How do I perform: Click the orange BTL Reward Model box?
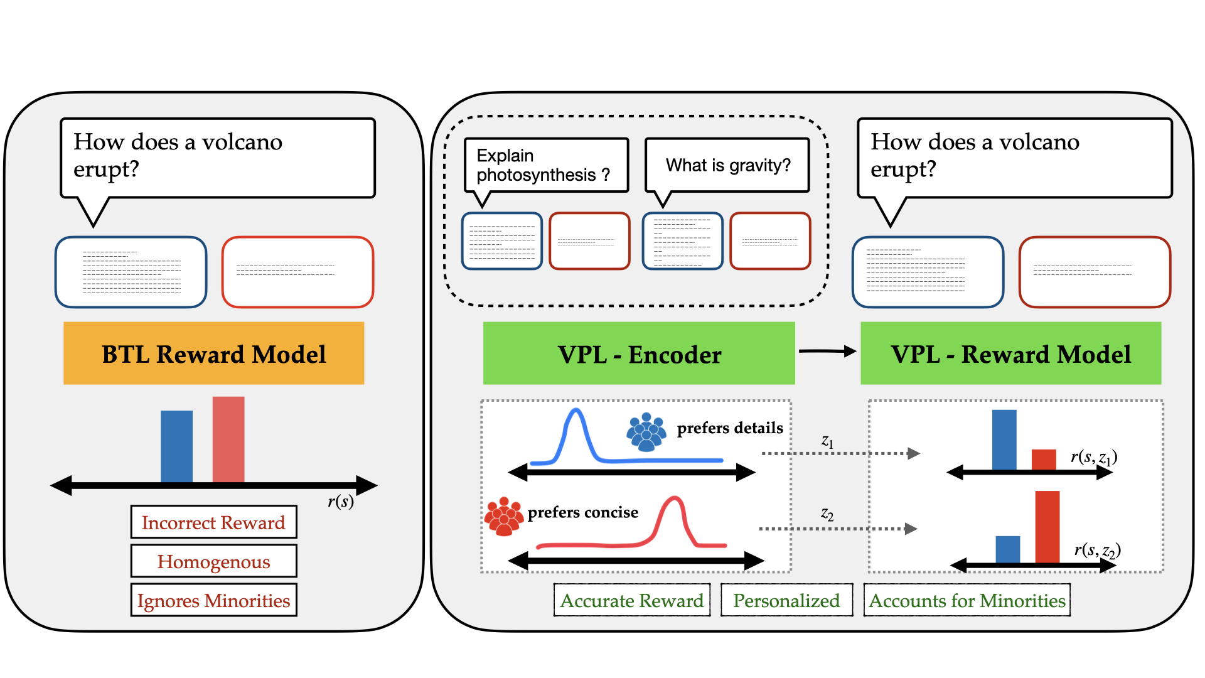click(x=213, y=353)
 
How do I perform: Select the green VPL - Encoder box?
click(x=639, y=353)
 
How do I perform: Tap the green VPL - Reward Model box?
click(x=1010, y=353)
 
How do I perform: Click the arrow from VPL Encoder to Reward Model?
click(x=828, y=352)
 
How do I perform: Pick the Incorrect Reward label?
click(x=213, y=522)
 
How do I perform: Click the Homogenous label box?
click(x=213, y=561)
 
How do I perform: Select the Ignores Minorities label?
click(x=213, y=600)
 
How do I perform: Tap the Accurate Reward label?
click(x=632, y=600)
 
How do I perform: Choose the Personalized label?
click(x=786, y=600)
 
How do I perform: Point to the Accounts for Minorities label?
click(x=967, y=600)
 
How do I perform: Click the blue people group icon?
click(x=646, y=432)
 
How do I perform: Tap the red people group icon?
click(x=504, y=516)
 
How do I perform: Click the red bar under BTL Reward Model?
click(x=228, y=439)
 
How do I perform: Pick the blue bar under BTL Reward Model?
click(x=176, y=446)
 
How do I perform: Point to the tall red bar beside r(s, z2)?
click(x=1047, y=527)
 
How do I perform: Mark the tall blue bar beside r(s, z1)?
click(x=1004, y=439)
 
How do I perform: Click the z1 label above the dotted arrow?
click(x=828, y=442)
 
